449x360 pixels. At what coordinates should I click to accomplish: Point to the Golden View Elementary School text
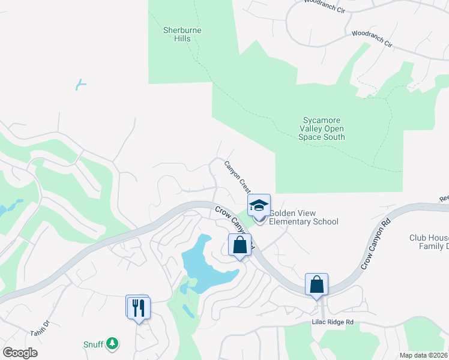(x=304, y=217)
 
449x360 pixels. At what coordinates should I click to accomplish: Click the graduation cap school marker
(x=259, y=205)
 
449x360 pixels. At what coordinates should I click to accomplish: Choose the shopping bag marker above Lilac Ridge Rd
(x=316, y=284)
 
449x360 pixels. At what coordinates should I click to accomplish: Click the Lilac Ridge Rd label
(x=333, y=322)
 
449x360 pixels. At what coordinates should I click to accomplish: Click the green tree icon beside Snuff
(x=112, y=344)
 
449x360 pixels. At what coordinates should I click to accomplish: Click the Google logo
(x=20, y=353)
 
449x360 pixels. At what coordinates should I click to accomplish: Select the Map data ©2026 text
(x=423, y=355)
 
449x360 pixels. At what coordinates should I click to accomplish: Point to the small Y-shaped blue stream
(x=80, y=85)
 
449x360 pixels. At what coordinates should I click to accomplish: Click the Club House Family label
(x=429, y=242)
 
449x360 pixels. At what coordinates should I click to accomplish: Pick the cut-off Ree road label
(x=444, y=197)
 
